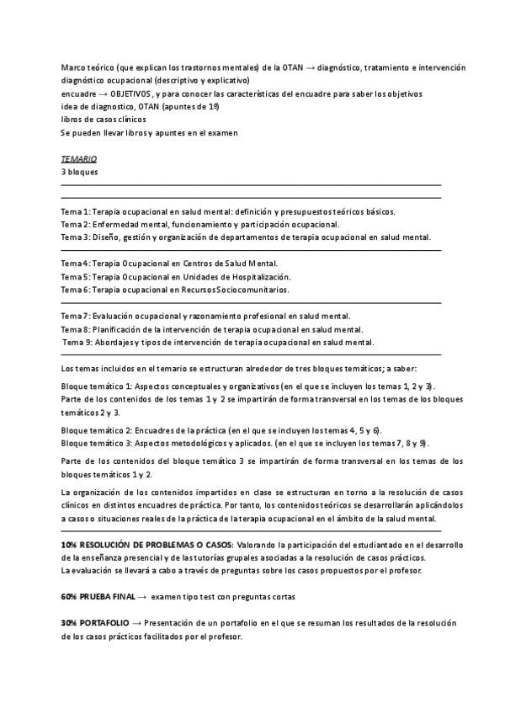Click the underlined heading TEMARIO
point(78,158)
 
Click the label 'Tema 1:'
point(76,211)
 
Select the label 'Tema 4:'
point(76,264)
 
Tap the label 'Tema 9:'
point(77,342)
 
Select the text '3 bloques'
point(79,172)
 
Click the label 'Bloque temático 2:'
point(97,429)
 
